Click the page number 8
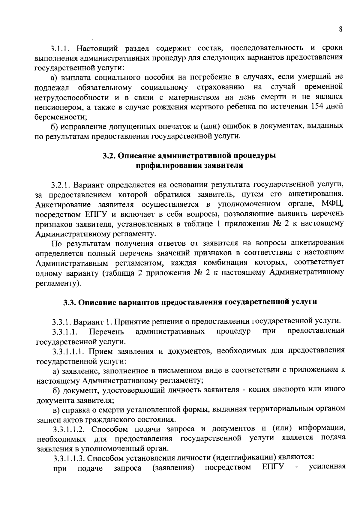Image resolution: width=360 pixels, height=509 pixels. pyautogui.click(x=340, y=29)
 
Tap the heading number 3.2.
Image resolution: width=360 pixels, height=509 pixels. pyautogui.click(x=108, y=156)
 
